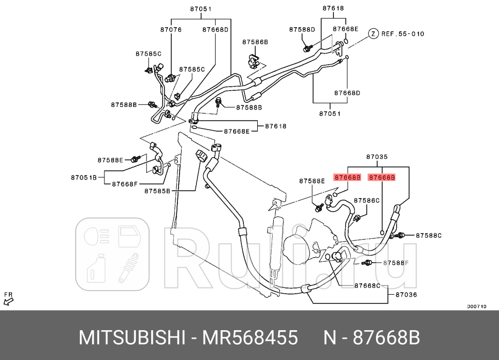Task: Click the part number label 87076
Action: pyautogui.click(x=171, y=30)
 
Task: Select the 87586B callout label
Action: pyautogui.click(x=256, y=42)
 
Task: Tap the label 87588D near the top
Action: pyautogui.click(x=302, y=30)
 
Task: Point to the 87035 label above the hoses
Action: pyautogui.click(x=377, y=157)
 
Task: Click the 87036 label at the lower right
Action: pyautogui.click(x=406, y=295)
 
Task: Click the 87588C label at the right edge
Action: pyautogui.click(x=429, y=236)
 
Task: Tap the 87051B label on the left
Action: pyautogui.click(x=84, y=177)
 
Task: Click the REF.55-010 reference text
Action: pyautogui.click(x=403, y=34)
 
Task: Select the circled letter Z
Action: pyautogui.click(x=373, y=34)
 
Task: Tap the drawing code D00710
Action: pyautogui.click(x=476, y=307)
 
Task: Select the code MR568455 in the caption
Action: pyautogui.click(x=251, y=338)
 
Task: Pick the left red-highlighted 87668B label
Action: pyautogui.click(x=348, y=177)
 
